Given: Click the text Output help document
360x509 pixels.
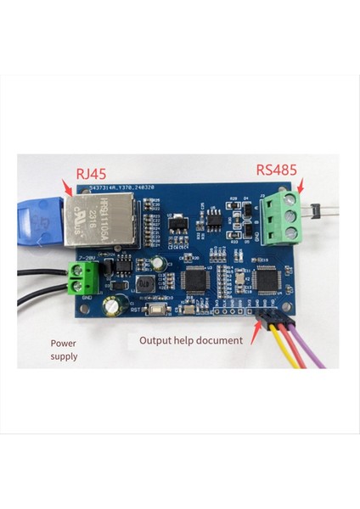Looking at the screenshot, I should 191,340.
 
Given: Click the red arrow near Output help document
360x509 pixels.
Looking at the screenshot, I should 252,327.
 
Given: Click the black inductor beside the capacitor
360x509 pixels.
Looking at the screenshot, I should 146,282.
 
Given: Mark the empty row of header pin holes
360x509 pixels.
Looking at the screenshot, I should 230,311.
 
